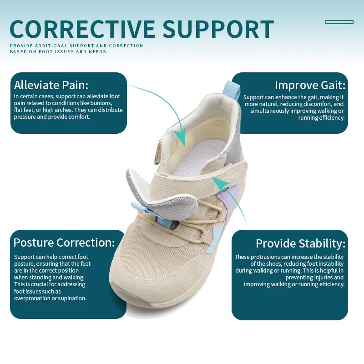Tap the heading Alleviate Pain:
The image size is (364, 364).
51,85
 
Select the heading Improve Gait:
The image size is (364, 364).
310,85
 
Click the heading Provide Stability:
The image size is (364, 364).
300,243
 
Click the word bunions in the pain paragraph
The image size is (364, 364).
100,103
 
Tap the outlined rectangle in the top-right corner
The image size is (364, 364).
339,22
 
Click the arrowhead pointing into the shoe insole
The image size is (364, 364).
182,137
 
